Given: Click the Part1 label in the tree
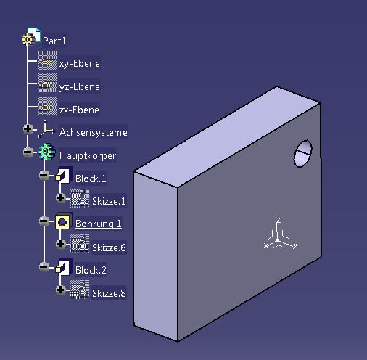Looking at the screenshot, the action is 54,41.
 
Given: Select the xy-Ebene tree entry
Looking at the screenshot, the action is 80,64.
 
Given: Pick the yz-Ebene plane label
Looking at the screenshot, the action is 80,86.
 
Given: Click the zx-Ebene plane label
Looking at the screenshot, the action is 79,110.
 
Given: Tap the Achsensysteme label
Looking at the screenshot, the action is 94,132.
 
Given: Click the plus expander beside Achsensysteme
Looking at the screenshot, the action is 28,128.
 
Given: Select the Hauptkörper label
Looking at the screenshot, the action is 88,155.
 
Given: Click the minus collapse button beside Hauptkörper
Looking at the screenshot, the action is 28,152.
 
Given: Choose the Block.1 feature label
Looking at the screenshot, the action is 91,179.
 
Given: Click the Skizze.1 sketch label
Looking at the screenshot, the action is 109,201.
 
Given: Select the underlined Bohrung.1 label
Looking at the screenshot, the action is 99,224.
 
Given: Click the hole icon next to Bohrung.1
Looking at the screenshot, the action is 63,221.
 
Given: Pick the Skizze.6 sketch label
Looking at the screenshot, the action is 109,247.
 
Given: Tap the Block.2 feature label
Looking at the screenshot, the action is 91,270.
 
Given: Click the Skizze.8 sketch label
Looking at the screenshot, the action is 109,293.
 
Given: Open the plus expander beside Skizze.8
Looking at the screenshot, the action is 60,290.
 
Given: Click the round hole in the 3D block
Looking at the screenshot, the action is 302,153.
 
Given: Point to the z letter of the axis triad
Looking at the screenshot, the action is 279,220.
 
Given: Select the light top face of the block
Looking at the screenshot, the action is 227,136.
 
